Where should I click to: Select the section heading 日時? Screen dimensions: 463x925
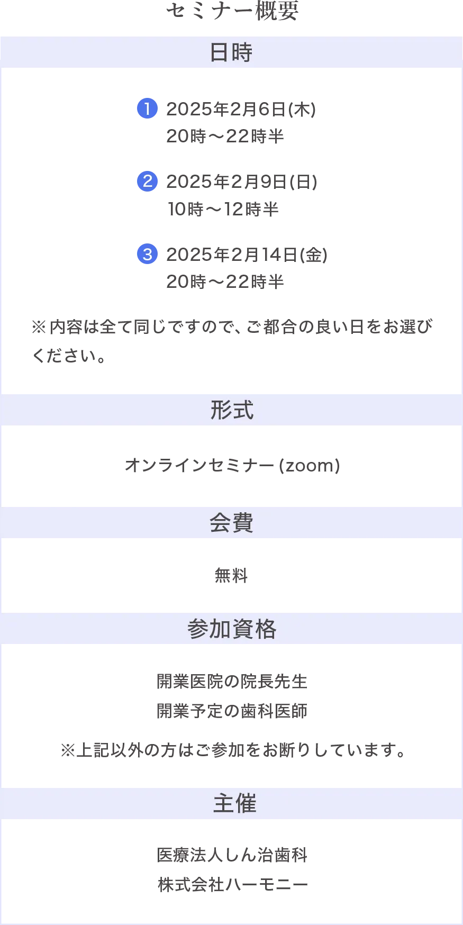[231, 52]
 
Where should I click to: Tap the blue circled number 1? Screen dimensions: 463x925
[147, 108]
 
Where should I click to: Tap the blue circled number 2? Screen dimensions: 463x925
[147, 181]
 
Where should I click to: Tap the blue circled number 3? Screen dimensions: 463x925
[147, 254]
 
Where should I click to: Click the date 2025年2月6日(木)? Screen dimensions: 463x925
[241, 109]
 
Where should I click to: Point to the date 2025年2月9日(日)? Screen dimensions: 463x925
[242, 182]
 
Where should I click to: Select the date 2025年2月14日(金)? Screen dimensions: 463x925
[247, 255]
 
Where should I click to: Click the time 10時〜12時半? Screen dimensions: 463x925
[223, 209]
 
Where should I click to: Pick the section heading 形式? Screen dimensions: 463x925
[232, 410]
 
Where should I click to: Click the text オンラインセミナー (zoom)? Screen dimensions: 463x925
[232, 466]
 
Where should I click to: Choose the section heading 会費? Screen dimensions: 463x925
[231, 523]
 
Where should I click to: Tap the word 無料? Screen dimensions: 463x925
[231, 575]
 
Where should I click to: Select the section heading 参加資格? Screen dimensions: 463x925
[232, 629]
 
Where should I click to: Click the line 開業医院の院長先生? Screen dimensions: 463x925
[232, 681]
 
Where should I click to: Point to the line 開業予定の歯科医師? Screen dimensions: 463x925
[232, 711]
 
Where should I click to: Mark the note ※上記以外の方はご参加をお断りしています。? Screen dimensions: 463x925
[233, 750]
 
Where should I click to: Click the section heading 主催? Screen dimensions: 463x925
[234, 804]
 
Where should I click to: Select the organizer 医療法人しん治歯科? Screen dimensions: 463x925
[232, 855]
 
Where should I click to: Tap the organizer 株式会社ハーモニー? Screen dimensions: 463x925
[233, 884]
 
